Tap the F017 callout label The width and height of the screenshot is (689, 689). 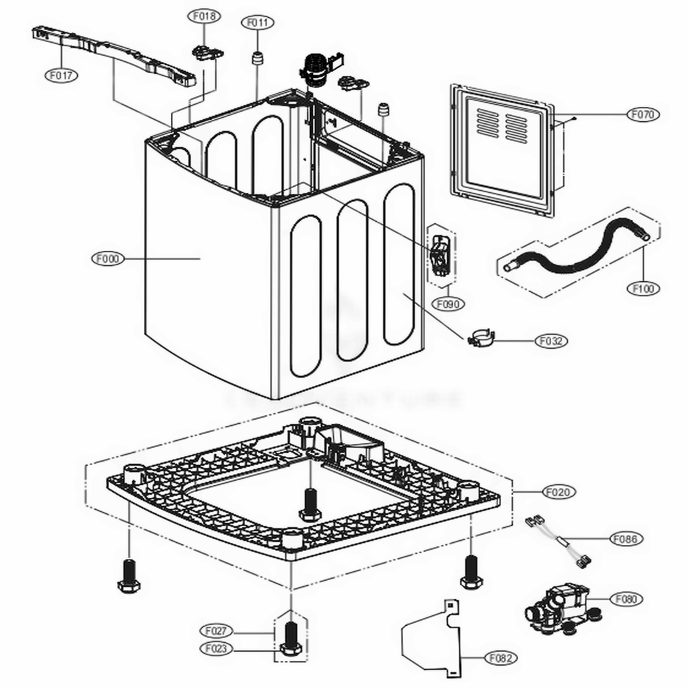click(61, 75)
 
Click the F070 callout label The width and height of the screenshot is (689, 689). click(643, 114)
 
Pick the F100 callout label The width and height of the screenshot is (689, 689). click(643, 289)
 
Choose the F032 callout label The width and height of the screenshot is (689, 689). click(553, 340)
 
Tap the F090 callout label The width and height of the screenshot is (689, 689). click(449, 303)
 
